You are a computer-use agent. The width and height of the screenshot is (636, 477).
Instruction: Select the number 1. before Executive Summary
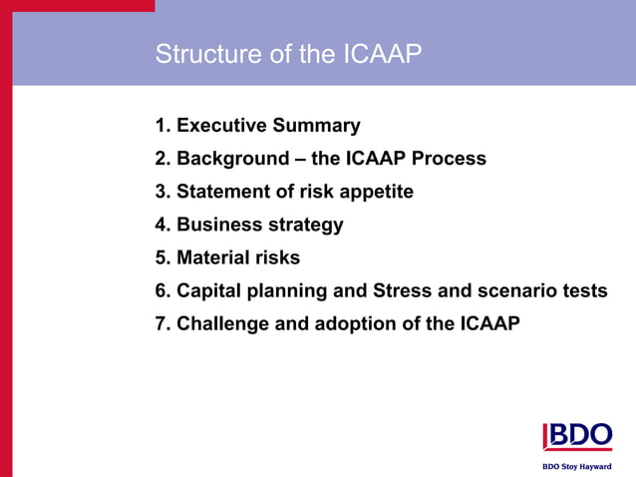click(x=163, y=127)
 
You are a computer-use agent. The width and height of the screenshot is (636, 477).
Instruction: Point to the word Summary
click(x=318, y=127)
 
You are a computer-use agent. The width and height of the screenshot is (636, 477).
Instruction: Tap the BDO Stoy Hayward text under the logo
click(x=576, y=466)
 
